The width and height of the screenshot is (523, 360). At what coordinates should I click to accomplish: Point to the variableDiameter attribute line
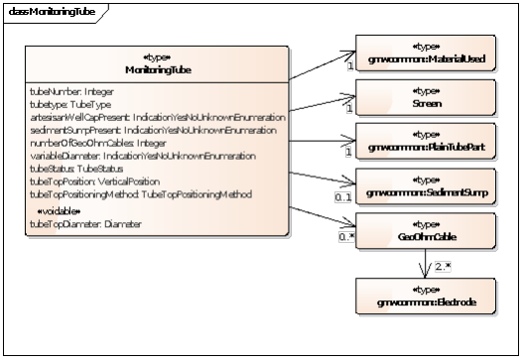[x=128, y=156]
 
